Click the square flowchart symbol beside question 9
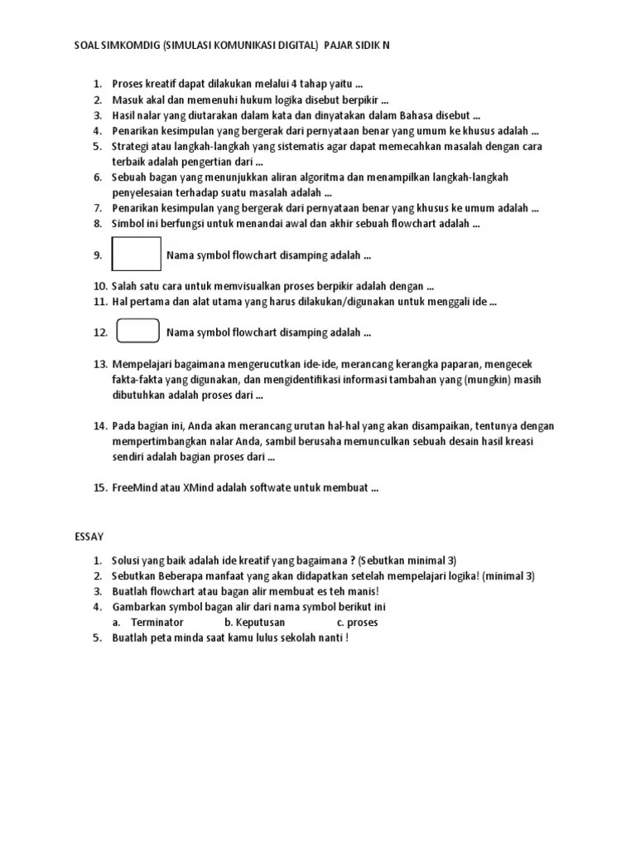coord(137,254)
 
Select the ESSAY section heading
coord(89,537)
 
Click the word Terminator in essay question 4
coord(157,622)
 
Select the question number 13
coord(100,364)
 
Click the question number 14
coord(100,425)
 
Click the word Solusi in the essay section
coord(129,560)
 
